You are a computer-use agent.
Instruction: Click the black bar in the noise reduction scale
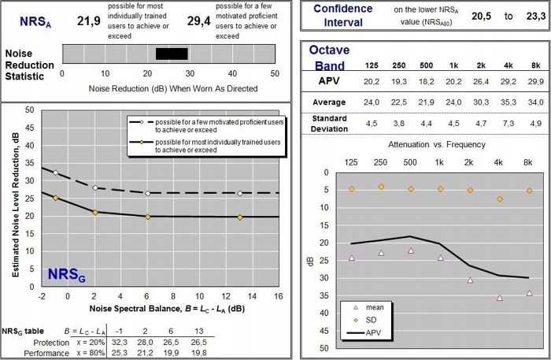(x=172, y=54)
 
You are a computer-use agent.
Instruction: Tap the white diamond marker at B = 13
(x=240, y=193)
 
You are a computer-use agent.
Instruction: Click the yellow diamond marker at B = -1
(x=55, y=198)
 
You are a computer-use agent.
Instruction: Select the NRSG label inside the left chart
(x=67, y=274)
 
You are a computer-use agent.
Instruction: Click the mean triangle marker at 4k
(x=499, y=298)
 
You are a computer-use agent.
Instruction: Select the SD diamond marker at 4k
(x=499, y=199)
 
